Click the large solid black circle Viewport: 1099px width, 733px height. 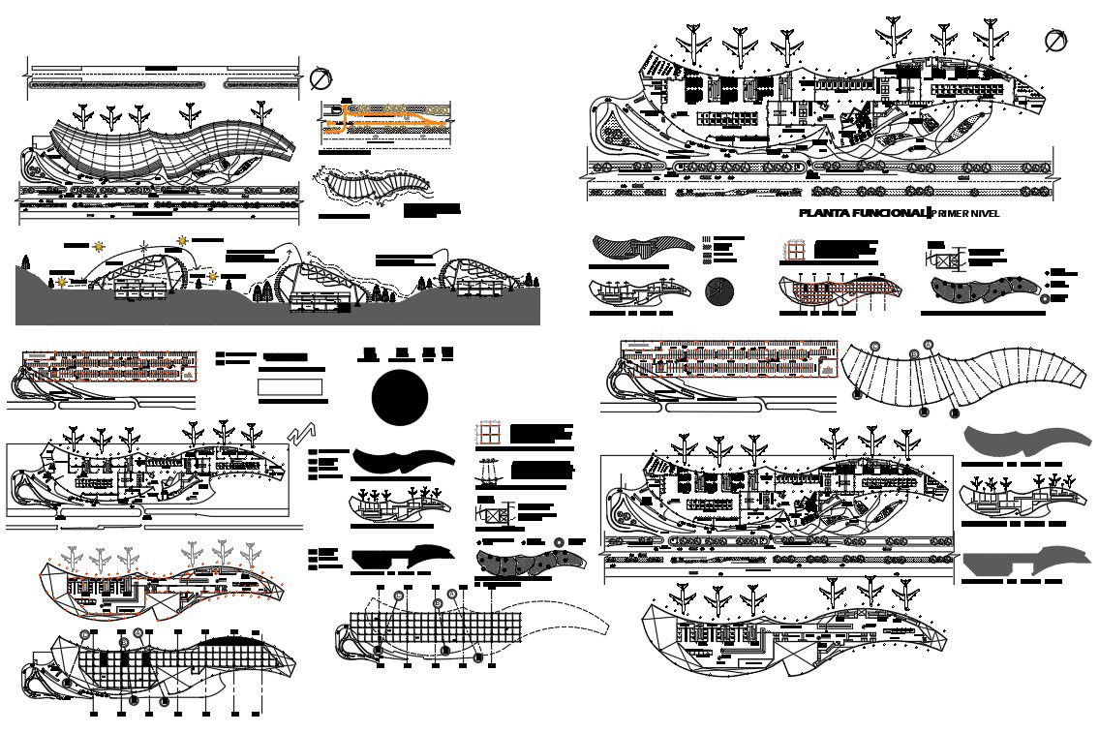[400, 397]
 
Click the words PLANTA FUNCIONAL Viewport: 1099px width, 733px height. [861, 213]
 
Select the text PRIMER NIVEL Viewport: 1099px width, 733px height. [964, 213]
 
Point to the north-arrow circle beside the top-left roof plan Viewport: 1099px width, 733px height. [321, 78]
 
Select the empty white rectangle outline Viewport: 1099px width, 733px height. [290, 387]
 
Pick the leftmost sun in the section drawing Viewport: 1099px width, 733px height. [62, 282]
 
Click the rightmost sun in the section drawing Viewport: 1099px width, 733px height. [213, 277]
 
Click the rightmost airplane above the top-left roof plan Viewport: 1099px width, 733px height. [260, 113]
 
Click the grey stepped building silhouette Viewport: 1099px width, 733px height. [1007, 563]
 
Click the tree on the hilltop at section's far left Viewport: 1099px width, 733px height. [25, 261]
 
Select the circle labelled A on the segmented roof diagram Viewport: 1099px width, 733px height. [928, 344]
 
